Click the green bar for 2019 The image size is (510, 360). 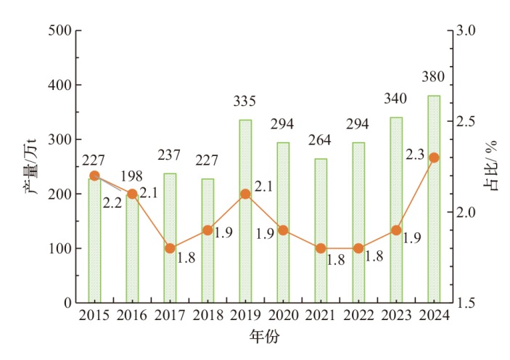point(245,211)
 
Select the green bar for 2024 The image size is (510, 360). point(434,199)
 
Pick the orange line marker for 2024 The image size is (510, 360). point(434,157)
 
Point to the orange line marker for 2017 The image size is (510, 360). point(170,248)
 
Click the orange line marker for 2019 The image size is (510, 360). point(245,194)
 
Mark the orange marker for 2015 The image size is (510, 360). point(94,176)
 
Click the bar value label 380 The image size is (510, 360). point(434,78)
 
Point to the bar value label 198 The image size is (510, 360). point(132,177)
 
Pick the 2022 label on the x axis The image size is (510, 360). point(358,316)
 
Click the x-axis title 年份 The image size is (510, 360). point(264,337)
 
